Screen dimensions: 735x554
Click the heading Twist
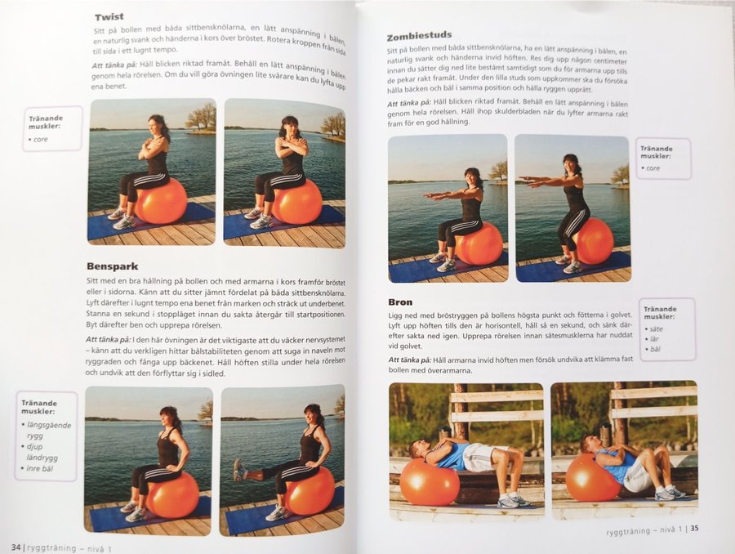click(109, 17)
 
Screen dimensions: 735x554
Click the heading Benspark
click(113, 266)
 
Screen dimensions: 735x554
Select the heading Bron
click(400, 302)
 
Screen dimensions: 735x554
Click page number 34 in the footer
click(16, 547)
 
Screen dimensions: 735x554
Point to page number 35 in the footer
click(694, 528)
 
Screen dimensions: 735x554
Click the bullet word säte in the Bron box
click(657, 328)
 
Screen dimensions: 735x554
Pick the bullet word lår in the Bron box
click(654, 338)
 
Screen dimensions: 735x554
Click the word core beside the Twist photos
click(41, 140)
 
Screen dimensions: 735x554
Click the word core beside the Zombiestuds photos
click(653, 168)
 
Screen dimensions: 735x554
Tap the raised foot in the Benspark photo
click(239, 470)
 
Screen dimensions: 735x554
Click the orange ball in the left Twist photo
click(161, 200)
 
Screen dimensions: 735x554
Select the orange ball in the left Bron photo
click(429, 481)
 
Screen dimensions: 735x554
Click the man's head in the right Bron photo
click(589, 444)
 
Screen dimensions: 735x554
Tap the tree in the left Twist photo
click(201, 116)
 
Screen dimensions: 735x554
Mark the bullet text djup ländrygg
click(42, 452)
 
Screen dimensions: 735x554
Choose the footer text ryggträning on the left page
click(51, 548)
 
